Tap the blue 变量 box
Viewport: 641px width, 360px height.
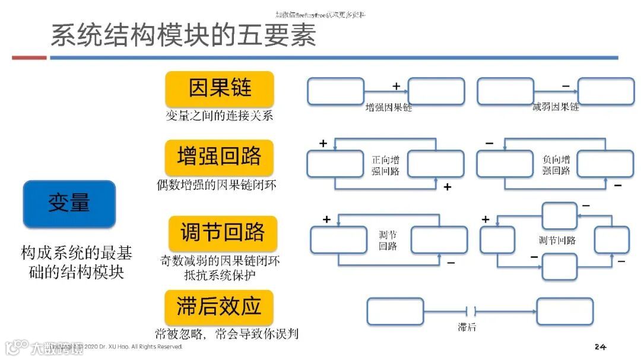click(69, 203)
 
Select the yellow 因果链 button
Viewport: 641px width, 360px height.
click(220, 88)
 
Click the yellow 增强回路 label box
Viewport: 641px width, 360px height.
click(220, 157)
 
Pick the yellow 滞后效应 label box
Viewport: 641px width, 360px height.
click(219, 307)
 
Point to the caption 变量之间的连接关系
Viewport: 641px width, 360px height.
click(219, 116)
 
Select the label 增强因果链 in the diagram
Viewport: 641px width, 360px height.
click(389, 108)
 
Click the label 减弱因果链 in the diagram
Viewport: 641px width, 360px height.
click(556, 107)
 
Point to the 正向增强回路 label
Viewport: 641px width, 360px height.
click(386, 165)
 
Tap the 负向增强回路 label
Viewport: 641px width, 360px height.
click(556, 165)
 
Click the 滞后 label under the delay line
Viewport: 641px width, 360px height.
click(467, 327)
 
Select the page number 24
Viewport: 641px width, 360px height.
click(599, 346)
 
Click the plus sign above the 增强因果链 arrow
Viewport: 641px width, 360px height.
click(396, 86)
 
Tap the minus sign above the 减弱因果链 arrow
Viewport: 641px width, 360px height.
click(566, 87)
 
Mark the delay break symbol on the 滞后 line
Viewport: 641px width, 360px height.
click(471, 311)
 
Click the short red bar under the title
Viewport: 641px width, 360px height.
click(29, 58)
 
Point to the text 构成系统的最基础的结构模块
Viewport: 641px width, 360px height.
click(76, 263)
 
